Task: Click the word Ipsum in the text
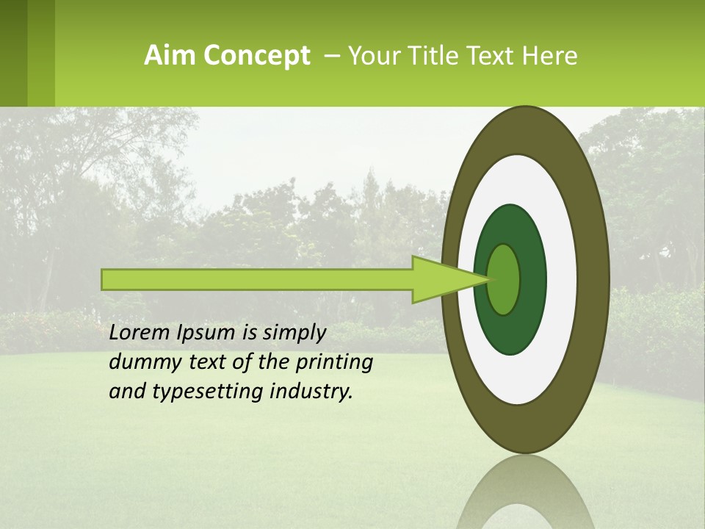coord(206,333)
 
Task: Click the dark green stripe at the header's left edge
coord(13,53)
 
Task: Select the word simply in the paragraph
coord(294,334)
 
